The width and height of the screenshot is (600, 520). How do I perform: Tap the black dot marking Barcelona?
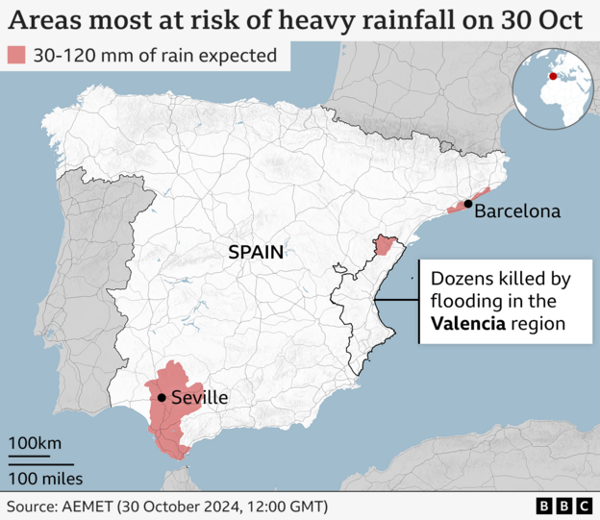click(467, 204)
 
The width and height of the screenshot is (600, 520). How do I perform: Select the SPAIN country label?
click(256, 253)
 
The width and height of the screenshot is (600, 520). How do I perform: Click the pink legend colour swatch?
click(16, 56)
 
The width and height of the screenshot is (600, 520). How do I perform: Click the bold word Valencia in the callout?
click(468, 324)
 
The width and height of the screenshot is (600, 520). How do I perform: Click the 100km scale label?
click(36, 443)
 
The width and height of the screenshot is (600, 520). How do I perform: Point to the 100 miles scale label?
click(46, 478)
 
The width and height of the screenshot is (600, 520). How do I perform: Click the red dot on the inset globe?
click(552, 77)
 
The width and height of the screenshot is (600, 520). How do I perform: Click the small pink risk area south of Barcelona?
click(385, 244)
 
